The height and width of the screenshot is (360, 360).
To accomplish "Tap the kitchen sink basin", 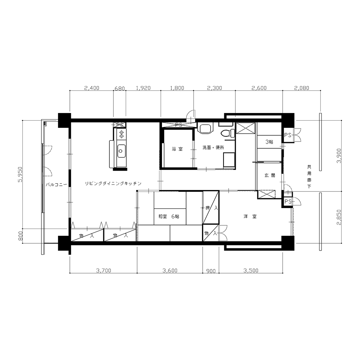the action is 121,151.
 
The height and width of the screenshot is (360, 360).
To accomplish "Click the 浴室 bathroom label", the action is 177,149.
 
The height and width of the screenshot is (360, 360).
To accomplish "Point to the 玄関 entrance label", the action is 270,175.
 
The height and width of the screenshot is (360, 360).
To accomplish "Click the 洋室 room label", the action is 250,216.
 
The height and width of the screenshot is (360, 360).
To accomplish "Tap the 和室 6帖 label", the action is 169,216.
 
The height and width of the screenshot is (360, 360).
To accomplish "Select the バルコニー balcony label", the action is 56,184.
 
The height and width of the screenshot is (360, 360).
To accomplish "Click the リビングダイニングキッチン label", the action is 113,184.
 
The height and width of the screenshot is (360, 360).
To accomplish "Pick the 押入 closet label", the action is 211,208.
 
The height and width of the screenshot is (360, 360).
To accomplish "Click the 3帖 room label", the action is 269,142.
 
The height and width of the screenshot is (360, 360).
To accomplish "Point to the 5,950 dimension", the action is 21,174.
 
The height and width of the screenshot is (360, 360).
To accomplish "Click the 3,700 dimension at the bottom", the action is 104,270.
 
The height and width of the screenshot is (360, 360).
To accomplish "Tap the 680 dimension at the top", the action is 120,89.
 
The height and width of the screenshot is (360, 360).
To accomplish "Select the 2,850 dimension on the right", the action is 339,217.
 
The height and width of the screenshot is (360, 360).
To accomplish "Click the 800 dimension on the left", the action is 21,236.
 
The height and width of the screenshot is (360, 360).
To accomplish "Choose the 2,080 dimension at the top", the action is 301,88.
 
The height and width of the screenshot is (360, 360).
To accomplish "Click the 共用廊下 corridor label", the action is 309,176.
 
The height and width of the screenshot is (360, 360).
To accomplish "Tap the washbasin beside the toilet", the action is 205,129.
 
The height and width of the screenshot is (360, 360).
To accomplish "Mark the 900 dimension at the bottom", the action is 211,271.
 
